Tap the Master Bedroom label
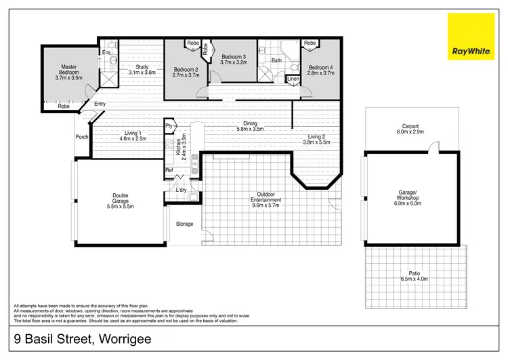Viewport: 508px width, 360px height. pos(68,67)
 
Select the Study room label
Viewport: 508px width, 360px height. pos(142,66)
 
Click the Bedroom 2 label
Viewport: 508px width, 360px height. pos(186,70)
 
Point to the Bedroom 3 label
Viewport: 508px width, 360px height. pos(234,57)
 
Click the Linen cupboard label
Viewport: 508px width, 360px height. pos(293,79)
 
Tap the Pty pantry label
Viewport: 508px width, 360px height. pos(169,126)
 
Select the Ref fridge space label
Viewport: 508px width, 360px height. pos(169,170)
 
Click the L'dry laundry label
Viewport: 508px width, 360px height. pos(181,190)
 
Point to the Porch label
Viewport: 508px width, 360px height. pos(82,136)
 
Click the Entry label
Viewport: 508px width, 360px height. pos(100,104)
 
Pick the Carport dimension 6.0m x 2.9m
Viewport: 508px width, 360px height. pos(409,132)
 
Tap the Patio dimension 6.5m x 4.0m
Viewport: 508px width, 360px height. pos(415,279)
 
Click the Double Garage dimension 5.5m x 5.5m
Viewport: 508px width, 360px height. pos(121,206)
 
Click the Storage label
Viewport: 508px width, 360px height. pos(184,224)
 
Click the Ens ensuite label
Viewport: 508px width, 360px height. pos(106,52)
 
